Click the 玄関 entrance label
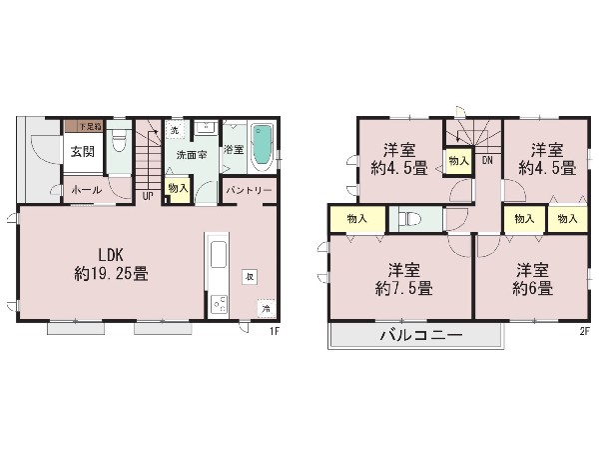83,152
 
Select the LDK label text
98,251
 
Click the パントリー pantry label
249,189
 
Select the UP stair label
148,195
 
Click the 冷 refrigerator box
266,309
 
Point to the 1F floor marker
272,332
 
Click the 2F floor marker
583,332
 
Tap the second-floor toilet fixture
410,219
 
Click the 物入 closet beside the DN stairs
458,161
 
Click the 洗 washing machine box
174,131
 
